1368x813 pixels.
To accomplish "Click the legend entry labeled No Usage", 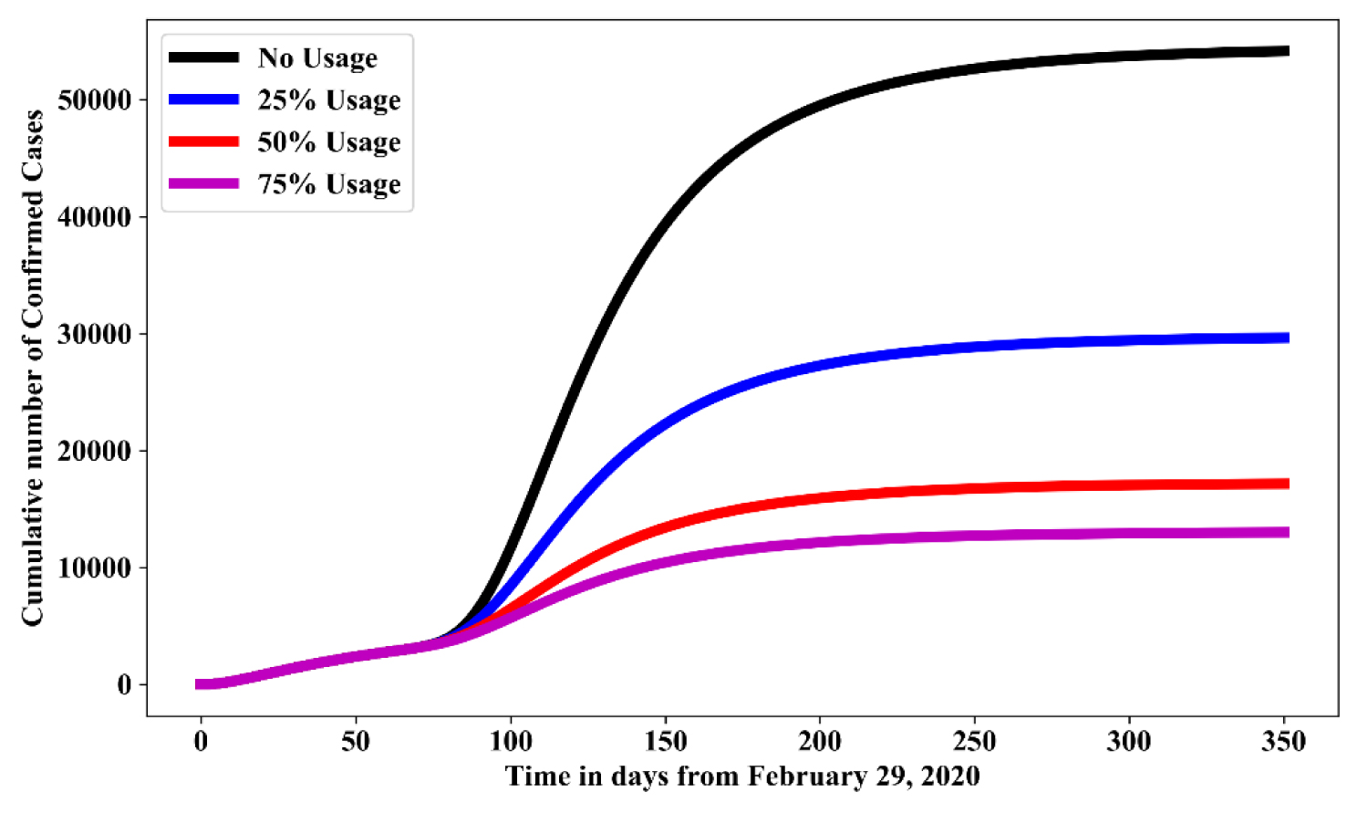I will click(316, 58).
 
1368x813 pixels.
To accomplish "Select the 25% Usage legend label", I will click(328, 100).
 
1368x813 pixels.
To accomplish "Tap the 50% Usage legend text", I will click(328, 142).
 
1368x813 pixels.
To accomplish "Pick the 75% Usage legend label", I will click(328, 184).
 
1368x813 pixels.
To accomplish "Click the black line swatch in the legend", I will click(203, 57).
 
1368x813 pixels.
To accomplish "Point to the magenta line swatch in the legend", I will click(203, 183).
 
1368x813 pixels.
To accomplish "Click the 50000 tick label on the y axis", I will click(94, 99).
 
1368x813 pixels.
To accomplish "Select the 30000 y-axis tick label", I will click(94, 334).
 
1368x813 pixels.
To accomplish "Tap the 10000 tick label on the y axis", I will click(94, 568).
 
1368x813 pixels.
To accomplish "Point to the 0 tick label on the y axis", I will click(124, 685).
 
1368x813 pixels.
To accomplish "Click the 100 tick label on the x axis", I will click(511, 742).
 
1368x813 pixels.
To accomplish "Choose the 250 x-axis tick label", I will click(975, 742).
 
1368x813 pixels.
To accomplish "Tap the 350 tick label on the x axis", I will click(1284, 742).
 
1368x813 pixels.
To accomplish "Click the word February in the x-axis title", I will click(805, 777).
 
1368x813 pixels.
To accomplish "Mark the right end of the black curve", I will click(1287, 51).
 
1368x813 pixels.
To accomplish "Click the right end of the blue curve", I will click(1287, 338).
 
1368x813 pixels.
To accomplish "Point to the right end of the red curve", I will click(1287, 484).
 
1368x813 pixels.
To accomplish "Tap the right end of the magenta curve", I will click(1287, 532).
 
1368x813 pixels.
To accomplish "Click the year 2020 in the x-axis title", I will click(949, 777).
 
